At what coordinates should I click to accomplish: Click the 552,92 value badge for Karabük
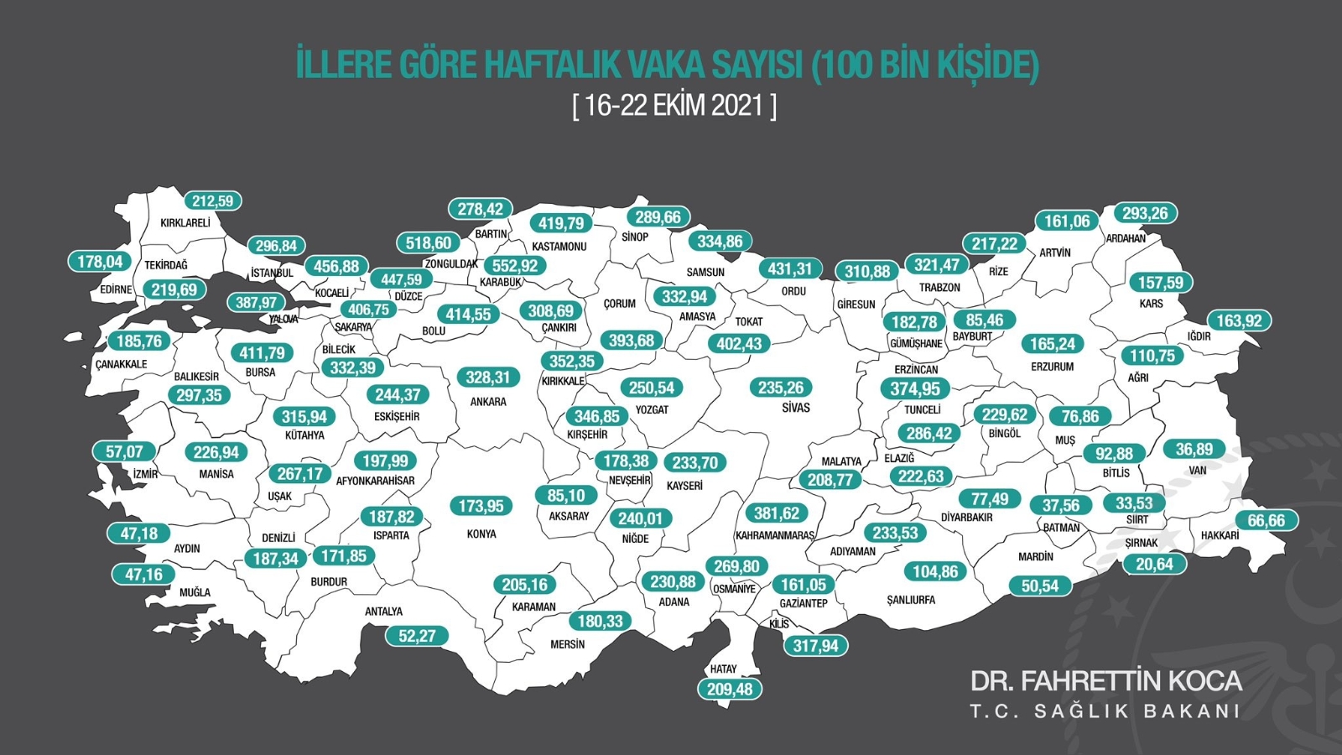(x=515, y=266)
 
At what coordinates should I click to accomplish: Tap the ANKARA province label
(x=488, y=402)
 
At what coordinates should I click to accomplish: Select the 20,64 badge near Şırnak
(x=1154, y=565)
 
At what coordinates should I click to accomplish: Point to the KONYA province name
(x=481, y=534)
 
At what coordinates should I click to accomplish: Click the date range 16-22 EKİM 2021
(x=674, y=106)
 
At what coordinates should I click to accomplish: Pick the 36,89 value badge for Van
(x=1194, y=450)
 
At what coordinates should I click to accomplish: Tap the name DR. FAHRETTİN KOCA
(x=1105, y=680)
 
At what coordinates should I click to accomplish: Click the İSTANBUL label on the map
(x=272, y=273)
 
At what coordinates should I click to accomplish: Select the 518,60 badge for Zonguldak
(x=428, y=243)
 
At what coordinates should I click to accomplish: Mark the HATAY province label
(x=723, y=669)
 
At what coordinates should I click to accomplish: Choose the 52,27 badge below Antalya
(x=417, y=636)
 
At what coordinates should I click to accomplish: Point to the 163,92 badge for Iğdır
(x=1239, y=320)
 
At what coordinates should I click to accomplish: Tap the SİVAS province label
(x=796, y=408)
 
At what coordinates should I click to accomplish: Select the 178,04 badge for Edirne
(x=100, y=262)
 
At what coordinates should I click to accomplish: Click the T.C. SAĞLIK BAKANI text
(x=1105, y=711)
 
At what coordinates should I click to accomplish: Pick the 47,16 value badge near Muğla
(x=143, y=575)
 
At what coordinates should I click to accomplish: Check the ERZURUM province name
(x=1052, y=367)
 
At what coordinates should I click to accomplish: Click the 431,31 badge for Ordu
(x=790, y=269)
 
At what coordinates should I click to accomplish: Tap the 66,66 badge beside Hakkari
(x=1266, y=520)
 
